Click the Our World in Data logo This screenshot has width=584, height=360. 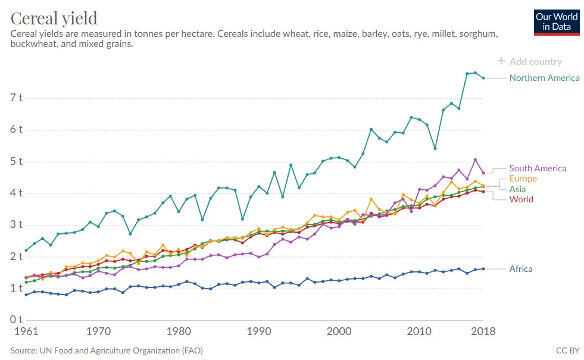tap(557, 22)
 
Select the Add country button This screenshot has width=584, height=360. tap(530, 61)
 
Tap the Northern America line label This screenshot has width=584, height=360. tap(544, 78)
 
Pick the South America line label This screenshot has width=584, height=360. tap(538, 168)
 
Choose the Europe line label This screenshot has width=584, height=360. tap(523, 179)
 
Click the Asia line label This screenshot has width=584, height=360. tap(517, 189)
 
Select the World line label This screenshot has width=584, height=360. tap(521, 199)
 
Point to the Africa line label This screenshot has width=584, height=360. tap(521, 269)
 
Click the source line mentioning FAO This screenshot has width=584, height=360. tap(107, 351)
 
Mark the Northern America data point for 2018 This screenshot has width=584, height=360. tap(483, 78)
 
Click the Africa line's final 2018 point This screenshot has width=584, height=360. tap(483, 269)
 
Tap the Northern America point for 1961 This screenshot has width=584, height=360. tap(26, 250)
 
